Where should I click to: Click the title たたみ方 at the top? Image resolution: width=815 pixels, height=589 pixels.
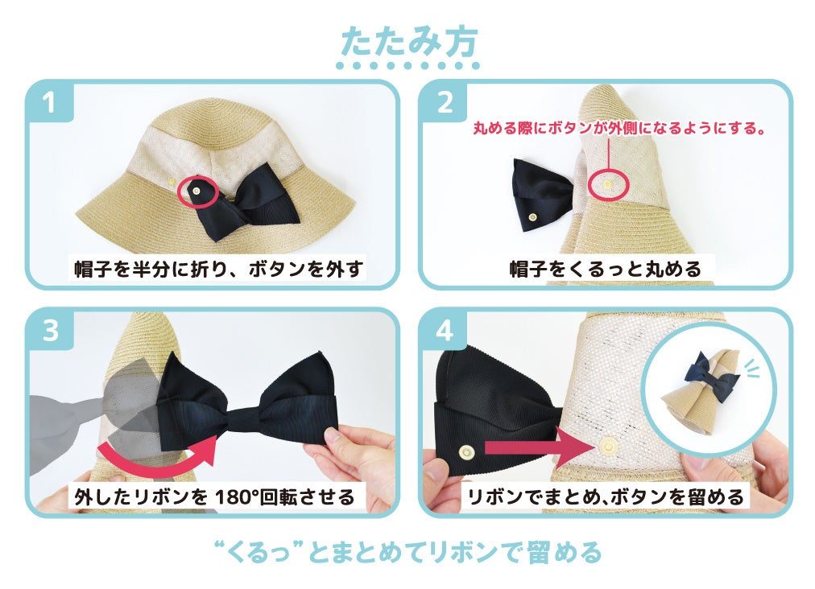coord(407,40)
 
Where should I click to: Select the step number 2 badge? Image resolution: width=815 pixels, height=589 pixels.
coord(445,103)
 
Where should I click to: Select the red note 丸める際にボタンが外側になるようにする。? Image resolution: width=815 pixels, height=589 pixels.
coord(617,128)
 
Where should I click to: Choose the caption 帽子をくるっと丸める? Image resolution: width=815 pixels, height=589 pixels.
coord(606,268)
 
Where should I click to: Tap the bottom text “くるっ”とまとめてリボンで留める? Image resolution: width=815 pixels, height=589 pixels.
coord(408,553)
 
